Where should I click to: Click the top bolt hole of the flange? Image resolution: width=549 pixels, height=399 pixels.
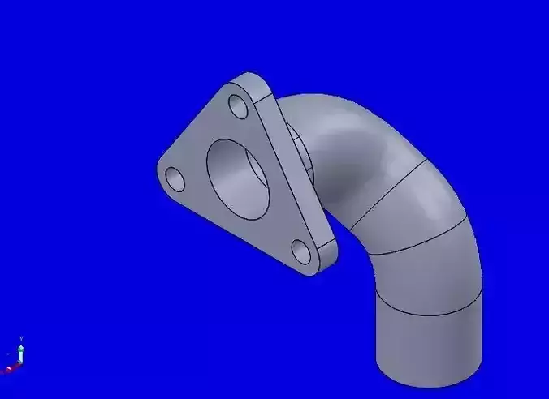click(x=239, y=106)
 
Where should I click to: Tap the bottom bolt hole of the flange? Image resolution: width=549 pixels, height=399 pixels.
click(x=301, y=252)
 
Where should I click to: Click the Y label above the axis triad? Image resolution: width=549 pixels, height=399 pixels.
click(x=21, y=338)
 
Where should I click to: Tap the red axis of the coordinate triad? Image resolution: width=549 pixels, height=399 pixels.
click(x=11, y=369)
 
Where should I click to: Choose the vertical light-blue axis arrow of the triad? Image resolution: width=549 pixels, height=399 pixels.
click(x=21, y=354)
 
